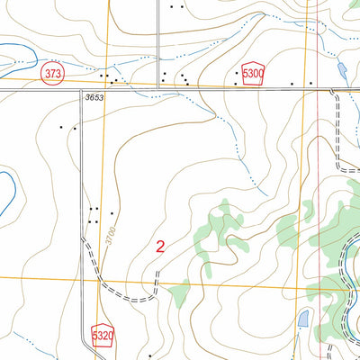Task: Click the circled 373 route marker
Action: coord(54,75)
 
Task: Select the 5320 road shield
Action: coord(103,336)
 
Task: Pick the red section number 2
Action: coord(160,247)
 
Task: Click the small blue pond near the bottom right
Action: coord(303,317)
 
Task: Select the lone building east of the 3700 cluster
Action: coord(112,214)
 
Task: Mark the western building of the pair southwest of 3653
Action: coord(62,127)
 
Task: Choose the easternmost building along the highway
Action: coord(310,84)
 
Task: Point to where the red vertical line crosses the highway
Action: coord(319,89)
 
